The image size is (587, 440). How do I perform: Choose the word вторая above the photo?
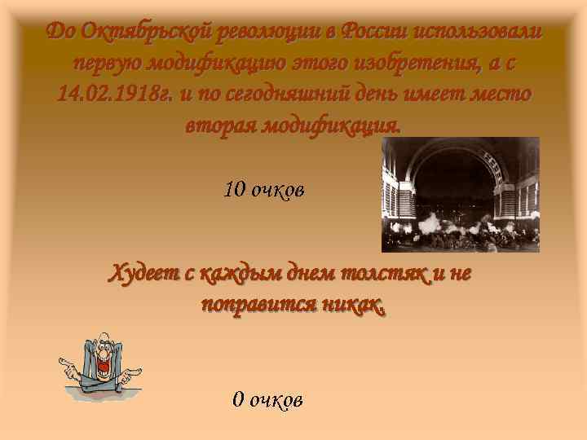point(218,125)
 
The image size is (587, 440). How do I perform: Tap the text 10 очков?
point(264,191)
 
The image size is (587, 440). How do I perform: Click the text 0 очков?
point(267,399)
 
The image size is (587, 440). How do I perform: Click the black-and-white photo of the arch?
point(461,194)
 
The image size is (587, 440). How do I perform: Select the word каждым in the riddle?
point(232,273)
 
